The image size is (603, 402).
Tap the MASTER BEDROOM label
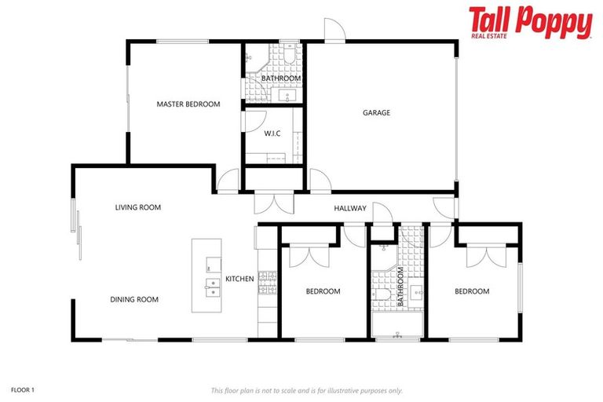point(188,104)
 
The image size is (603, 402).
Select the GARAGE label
point(376,112)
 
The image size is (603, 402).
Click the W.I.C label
point(272,133)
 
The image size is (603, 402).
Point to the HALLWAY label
point(350,208)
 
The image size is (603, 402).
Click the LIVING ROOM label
point(137,207)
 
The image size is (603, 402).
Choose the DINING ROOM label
point(134,299)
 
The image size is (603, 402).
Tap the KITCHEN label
point(239,279)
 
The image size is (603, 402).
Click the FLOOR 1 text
point(23,389)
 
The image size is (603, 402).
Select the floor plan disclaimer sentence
point(307,389)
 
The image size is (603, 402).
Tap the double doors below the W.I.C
point(274,203)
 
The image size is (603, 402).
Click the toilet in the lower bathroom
point(381,294)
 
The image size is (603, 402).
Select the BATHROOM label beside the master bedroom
point(280,79)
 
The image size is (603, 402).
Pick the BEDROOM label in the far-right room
point(472,291)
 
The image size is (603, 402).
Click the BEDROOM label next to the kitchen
point(323,291)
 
